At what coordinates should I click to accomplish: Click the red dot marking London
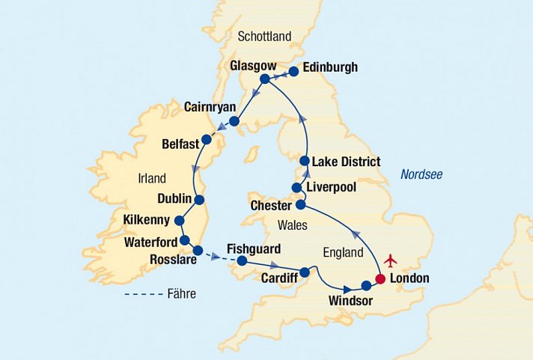pos(380,279)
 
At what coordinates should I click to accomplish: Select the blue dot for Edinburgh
pos(293,72)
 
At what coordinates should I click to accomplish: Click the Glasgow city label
pos(253,65)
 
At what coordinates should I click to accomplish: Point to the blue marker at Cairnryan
pos(234,121)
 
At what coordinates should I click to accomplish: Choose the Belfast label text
pos(180,142)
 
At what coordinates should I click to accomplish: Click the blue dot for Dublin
pos(199,200)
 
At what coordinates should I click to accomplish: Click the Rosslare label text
pos(171,260)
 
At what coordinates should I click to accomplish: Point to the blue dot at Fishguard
pos(242,261)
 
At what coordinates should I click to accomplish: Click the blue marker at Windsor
pos(366,285)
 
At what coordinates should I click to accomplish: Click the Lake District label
pos(346,162)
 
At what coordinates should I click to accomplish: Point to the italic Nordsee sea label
pos(421,174)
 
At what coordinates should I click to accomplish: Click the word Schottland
pos(263,37)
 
